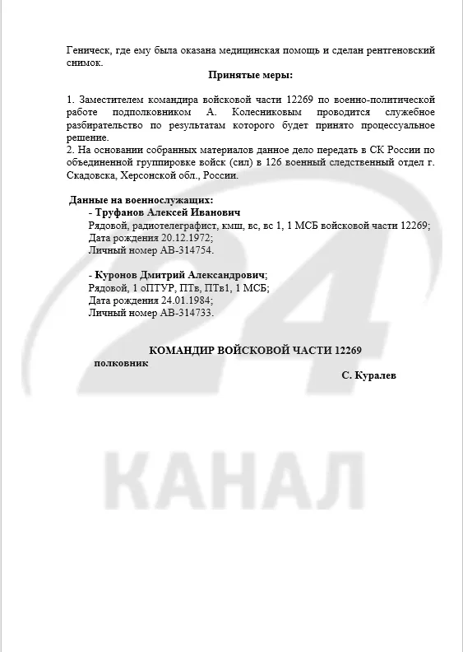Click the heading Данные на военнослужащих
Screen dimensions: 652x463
click(141, 200)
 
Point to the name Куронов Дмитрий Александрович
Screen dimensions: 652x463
click(179, 274)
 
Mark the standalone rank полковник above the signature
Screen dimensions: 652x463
click(122, 363)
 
